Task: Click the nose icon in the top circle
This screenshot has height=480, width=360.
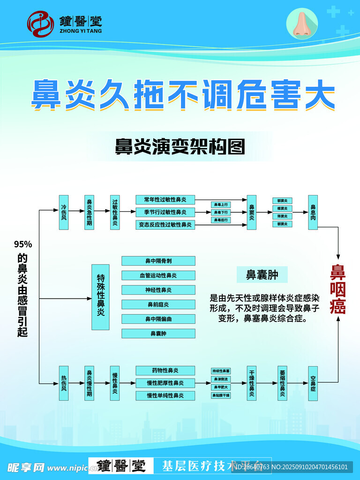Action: (x=302, y=24)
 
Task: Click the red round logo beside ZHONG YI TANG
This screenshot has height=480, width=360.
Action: (x=40, y=24)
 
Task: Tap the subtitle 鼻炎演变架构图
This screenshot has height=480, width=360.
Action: (x=180, y=146)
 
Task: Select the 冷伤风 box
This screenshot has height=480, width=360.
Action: (x=64, y=212)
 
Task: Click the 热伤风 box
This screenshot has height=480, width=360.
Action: (x=64, y=383)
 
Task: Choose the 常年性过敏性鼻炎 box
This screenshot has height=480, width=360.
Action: (x=165, y=200)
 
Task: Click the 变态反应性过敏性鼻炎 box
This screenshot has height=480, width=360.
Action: (x=165, y=225)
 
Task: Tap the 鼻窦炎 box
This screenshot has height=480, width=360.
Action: (x=252, y=212)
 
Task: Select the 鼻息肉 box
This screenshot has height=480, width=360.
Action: (x=313, y=212)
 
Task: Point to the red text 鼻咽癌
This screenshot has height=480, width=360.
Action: (x=337, y=290)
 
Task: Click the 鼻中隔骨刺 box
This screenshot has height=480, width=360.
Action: (x=158, y=261)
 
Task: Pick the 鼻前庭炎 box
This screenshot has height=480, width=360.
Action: (x=158, y=305)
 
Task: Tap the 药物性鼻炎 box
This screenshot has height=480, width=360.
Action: (x=165, y=371)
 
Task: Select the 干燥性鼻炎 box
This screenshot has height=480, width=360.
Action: (x=252, y=383)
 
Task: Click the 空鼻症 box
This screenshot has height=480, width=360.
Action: (x=313, y=383)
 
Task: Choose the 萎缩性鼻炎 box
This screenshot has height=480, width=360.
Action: (x=282, y=383)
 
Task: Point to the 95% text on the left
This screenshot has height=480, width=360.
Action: (x=22, y=244)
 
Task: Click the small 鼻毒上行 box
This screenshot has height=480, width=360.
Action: (x=221, y=205)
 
